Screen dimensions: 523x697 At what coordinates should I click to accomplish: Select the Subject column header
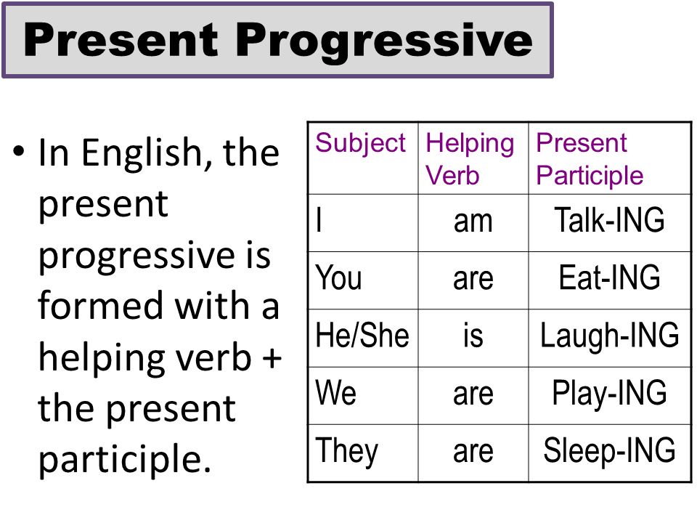pyautogui.click(x=361, y=143)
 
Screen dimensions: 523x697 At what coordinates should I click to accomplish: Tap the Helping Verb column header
pyautogui.click(x=470, y=159)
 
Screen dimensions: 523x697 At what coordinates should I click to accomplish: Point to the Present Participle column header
pyautogui.click(x=590, y=159)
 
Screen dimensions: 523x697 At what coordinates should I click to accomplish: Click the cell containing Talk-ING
pyautogui.click(x=609, y=220)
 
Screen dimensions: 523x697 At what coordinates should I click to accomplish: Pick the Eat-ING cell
pyautogui.click(x=609, y=278)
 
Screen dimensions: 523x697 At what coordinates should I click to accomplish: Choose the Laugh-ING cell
pyautogui.click(x=609, y=336)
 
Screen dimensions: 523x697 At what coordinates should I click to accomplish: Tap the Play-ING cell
pyautogui.click(x=609, y=393)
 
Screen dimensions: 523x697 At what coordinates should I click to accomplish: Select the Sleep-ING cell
pyautogui.click(x=609, y=450)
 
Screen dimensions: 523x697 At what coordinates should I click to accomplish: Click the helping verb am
pyautogui.click(x=473, y=221)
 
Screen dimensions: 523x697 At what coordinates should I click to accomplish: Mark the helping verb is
pyautogui.click(x=473, y=336)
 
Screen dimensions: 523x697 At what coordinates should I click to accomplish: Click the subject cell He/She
pyautogui.click(x=362, y=336)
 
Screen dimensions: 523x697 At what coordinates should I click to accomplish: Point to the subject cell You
pyautogui.click(x=338, y=278)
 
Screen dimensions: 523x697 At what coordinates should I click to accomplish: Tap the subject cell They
pyautogui.click(x=346, y=450)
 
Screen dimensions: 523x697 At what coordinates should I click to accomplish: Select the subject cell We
pyautogui.click(x=336, y=393)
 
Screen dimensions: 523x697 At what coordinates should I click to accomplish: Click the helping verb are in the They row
pyautogui.click(x=473, y=451)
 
